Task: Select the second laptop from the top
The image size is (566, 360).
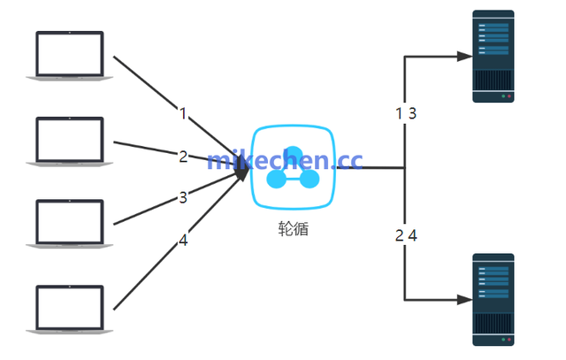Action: (70, 141)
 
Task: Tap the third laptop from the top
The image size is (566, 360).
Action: (70, 225)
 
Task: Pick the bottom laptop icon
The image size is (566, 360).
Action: (70, 309)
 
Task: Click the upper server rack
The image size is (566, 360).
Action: (493, 57)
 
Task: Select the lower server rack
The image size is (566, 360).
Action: (493, 300)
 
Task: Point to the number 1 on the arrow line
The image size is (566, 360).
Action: (183, 113)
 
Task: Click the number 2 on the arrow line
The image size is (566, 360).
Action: (183, 157)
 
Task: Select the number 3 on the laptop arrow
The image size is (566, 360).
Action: (183, 197)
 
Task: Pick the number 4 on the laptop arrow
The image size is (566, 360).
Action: (183, 239)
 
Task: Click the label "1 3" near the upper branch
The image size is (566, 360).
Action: (405, 113)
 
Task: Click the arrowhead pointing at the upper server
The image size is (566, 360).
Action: (463, 57)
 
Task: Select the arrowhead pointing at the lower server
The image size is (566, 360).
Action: (463, 300)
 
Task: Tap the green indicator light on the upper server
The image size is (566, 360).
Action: (501, 95)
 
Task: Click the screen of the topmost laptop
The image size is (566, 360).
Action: (70, 53)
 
